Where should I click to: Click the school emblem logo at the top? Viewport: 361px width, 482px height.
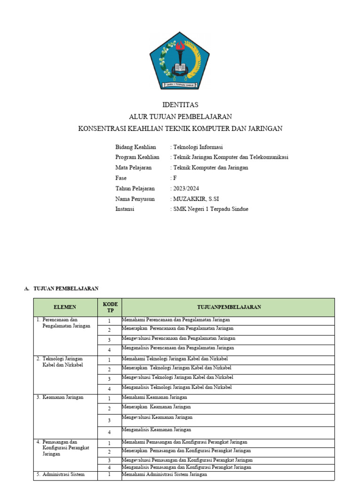click(180, 59)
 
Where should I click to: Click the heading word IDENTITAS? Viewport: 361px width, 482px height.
click(180, 104)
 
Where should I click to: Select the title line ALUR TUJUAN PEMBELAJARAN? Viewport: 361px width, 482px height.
click(180, 116)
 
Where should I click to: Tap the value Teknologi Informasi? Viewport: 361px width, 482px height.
click(198, 147)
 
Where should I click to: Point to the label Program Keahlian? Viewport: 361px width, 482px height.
click(137, 157)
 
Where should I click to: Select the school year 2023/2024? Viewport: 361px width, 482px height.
click(183, 188)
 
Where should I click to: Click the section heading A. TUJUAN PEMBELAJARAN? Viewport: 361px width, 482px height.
click(61, 289)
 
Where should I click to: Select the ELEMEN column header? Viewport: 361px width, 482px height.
click(65, 307)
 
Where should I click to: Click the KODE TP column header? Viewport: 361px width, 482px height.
click(110, 307)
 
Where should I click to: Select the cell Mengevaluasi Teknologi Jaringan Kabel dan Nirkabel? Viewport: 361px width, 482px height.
click(177, 378)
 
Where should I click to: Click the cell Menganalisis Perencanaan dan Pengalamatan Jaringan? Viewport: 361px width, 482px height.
click(178, 348)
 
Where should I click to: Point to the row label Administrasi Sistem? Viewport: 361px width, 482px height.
click(63, 474)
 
